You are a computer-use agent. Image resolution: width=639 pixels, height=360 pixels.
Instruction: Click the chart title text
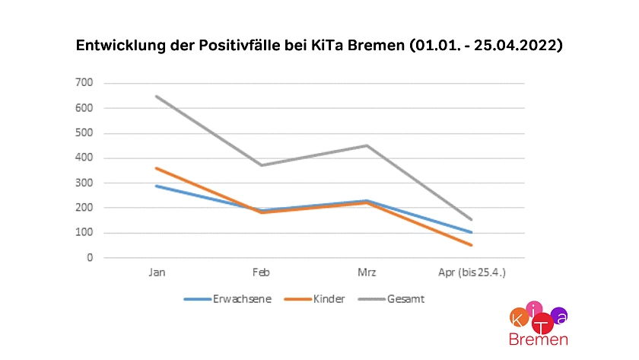pos(319,46)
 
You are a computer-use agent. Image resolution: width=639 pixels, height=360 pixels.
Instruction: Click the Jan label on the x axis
pos(157,272)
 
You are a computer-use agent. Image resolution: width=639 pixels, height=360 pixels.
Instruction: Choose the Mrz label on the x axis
pos(367,272)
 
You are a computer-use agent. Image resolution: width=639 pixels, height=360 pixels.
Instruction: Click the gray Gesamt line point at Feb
pos(262,165)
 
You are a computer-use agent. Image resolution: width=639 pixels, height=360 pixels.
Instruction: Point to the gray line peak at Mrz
pos(367,145)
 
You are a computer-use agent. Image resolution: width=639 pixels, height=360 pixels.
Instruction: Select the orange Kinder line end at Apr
pos(471,245)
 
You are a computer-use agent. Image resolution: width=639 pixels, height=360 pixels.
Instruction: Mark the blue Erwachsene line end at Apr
pos(471,232)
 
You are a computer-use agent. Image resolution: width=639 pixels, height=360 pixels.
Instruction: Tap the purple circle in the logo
pos(559,314)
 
